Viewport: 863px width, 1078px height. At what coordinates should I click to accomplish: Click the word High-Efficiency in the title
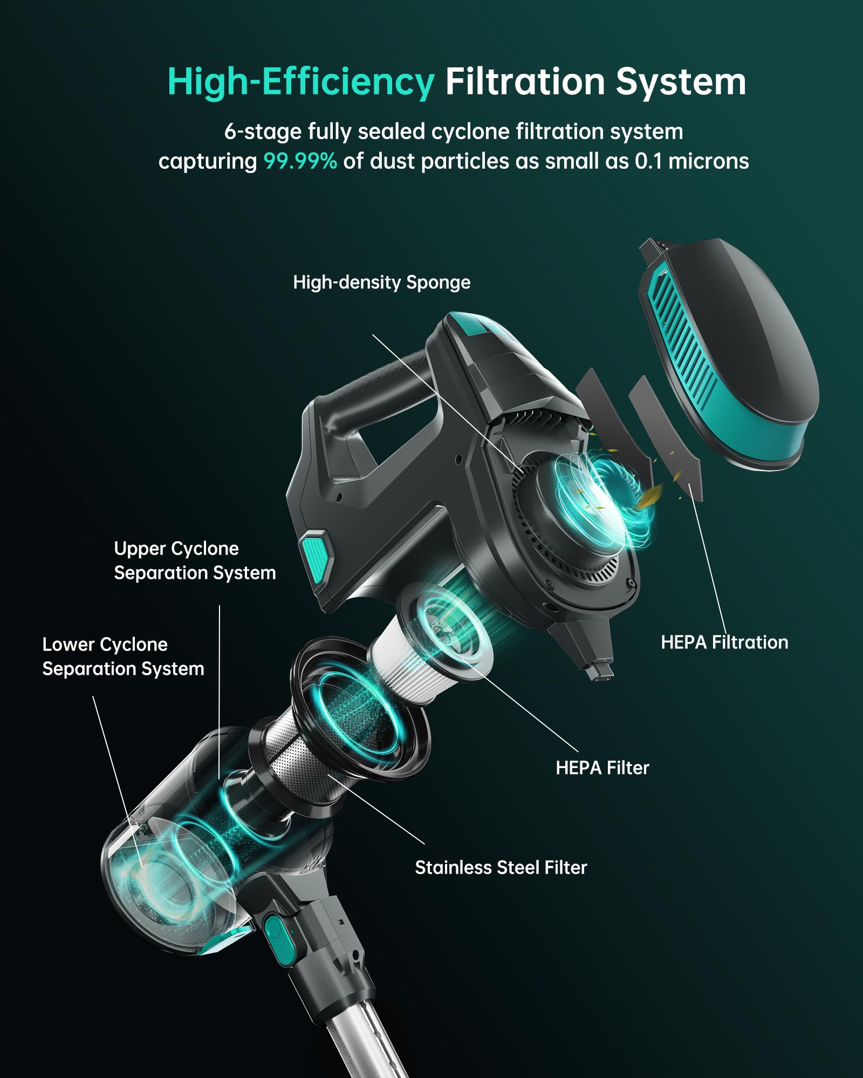click(300, 82)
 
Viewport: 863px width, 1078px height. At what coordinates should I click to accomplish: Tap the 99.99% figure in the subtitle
click(300, 161)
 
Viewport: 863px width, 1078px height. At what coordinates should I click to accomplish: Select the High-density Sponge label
click(381, 282)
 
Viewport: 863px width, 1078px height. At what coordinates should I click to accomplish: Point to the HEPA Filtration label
click(724, 642)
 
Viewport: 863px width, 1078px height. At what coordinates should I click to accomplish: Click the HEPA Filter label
click(602, 768)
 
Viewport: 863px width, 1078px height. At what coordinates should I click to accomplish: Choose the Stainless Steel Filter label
click(501, 867)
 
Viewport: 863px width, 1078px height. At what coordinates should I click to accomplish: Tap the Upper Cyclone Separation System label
click(195, 561)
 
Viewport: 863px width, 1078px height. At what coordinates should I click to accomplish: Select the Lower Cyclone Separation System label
click(123, 657)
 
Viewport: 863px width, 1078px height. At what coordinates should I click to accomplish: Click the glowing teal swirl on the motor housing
click(604, 499)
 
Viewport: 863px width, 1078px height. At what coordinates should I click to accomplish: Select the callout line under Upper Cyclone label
click(220, 692)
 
